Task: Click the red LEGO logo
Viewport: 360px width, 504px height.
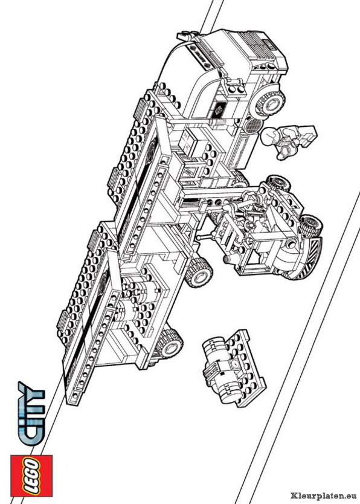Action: click(31, 476)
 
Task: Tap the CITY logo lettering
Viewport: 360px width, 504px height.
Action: click(31, 413)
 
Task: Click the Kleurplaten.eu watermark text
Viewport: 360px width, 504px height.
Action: click(324, 496)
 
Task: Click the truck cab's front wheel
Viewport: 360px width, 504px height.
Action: click(269, 103)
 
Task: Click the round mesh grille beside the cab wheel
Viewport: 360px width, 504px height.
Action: click(252, 126)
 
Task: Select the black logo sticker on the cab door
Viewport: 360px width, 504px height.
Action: click(220, 110)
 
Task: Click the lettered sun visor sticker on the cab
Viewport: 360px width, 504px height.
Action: click(200, 57)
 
